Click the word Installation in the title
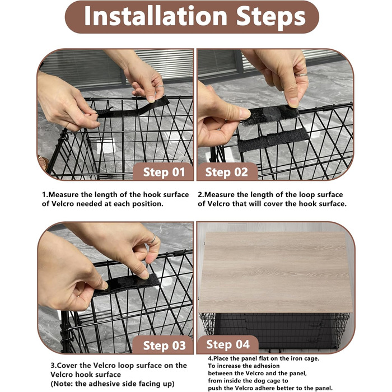(x=156, y=16)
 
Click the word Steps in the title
(x=271, y=17)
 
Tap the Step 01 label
(x=164, y=172)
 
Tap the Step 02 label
(x=226, y=172)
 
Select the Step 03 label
(x=164, y=346)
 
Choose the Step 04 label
(x=228, y=344)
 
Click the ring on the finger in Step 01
(x=160, y=86)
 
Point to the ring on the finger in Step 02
(x=301, y=74)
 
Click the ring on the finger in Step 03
(x=152, y=240)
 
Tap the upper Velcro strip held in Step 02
(x=270, y=115)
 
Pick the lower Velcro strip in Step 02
(x=273, y=140)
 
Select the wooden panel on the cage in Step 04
(x=276, y=272)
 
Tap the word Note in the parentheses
(x=63, y=384)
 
